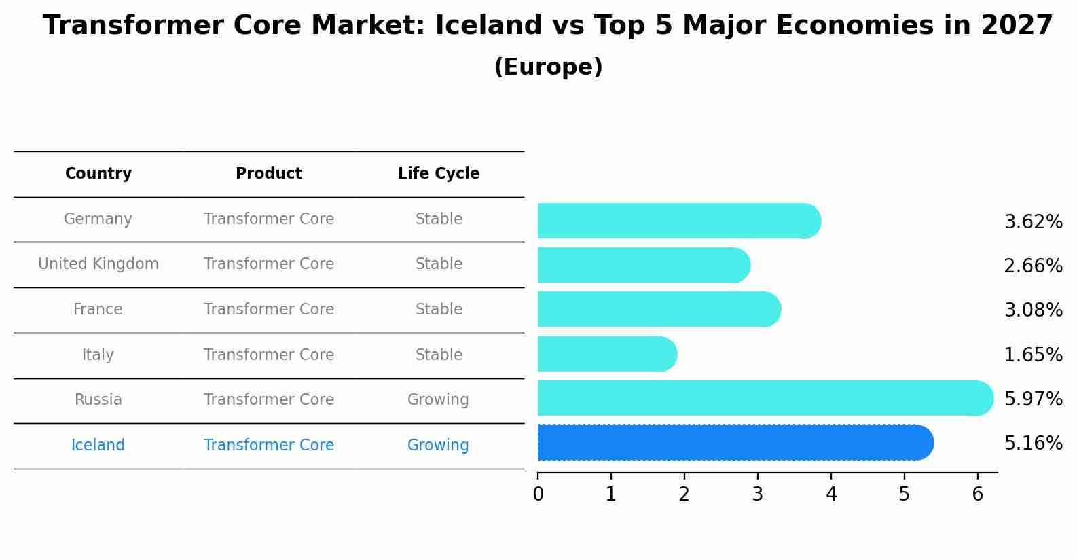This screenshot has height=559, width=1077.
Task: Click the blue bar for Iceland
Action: (733, 443)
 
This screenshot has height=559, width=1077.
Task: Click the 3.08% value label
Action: (1033, 310)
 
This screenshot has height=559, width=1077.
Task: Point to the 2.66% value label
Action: (1033, 266)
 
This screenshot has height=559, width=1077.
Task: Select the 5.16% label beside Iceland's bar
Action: (1033, 444)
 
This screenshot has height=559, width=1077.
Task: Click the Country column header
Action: (98, 174)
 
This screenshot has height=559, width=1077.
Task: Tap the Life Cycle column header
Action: (439, 174)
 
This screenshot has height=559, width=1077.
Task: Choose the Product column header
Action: (269, 174)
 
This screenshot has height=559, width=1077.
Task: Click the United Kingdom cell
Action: (98, 264)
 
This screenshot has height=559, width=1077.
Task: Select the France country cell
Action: (98, 310)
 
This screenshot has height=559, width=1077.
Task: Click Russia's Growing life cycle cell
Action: (438, 400)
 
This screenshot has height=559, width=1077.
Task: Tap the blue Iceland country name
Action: (98, 446)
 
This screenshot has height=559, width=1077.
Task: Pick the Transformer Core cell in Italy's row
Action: (269, 355)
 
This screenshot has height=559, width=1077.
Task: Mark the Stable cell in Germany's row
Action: (439, 219)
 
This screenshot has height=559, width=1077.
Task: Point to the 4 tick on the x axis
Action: (831, 494)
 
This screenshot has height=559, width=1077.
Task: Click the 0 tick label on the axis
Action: (538, 494)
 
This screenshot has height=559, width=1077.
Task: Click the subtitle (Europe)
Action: (548, 67)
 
